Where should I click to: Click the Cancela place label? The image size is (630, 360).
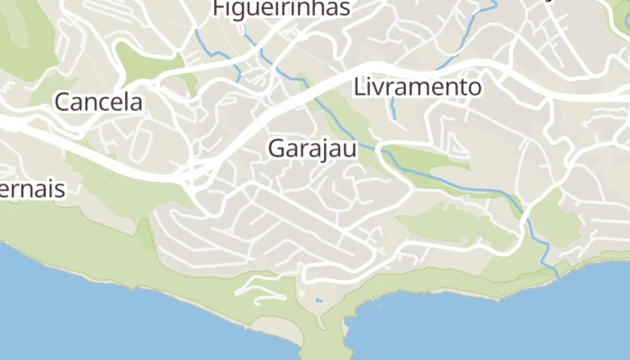(99, 102)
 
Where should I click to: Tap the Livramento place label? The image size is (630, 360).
(418, 87)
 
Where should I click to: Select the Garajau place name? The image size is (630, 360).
(312, 149)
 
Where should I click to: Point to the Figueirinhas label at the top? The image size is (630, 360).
(281, 9)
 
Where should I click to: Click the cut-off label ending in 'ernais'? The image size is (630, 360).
(32, 190)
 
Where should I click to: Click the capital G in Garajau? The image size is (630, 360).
(276, 149)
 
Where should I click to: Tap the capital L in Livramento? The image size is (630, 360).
(360, 87)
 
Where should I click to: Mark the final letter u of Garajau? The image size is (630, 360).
(350, 150)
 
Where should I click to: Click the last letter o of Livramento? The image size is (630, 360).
(475, 88)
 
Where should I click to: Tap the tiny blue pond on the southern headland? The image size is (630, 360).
(318, 301)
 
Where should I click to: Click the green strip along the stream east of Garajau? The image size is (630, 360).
(427, 159)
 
